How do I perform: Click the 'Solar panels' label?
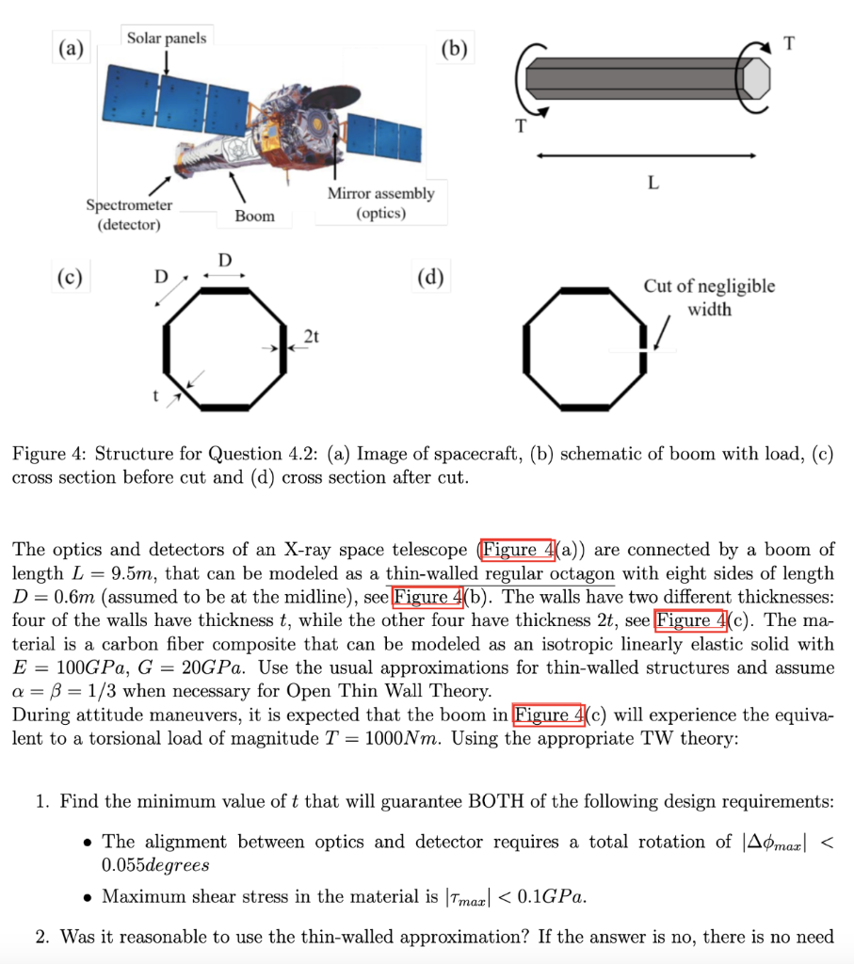coord(167,38)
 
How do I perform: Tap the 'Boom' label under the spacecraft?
coord(255,216)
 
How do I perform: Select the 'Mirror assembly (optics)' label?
coord(380,202)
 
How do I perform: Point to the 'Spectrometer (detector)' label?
coord(129,215)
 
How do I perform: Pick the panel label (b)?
coord(457,49)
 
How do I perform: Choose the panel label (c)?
coord(70,279)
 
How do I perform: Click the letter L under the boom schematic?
coord(652,183)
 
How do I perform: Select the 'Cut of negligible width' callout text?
coord(709,297)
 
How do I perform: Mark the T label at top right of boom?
coord(788,42)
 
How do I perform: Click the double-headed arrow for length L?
coord(646,154)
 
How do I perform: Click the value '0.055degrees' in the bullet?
coord(155,864)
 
